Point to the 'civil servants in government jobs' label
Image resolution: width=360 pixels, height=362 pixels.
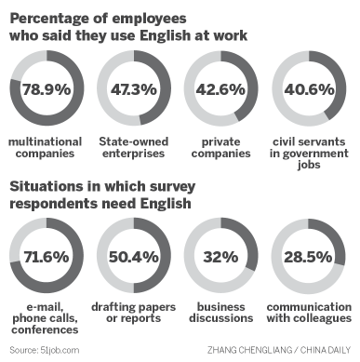click(307, 154)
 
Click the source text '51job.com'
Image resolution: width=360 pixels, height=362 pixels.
click(60, 349)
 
